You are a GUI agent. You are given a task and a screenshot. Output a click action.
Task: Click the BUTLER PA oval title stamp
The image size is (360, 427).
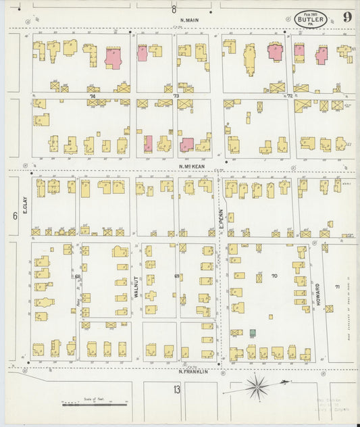pyautogui.click(x=311, y=19)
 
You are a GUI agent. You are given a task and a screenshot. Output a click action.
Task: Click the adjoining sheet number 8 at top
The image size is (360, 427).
pyautogui.click(x=174, y=9)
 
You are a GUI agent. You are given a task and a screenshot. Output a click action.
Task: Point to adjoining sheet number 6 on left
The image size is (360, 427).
pyautogui.click(x=14, y=216)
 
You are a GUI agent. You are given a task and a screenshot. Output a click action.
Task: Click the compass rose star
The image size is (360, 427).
pyautogui.click(x=257, y=386)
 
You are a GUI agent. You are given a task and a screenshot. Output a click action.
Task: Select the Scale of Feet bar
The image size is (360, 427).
pyautogui.click(x=94, y=404)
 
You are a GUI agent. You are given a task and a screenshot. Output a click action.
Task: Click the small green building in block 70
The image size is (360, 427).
pyautogui.click(x=253, y=333)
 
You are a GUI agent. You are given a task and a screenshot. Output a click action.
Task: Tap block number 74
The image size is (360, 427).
pyautogui.click(x=91, y=97)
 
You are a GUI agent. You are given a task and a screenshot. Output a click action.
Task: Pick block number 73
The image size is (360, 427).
pyautogui.click(x=176, y=97)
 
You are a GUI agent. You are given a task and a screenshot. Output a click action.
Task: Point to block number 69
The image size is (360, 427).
pyautogui.click(x=177, y=276)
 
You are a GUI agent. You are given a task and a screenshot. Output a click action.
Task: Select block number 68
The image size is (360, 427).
pyautogui.click(x=78, y=276)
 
